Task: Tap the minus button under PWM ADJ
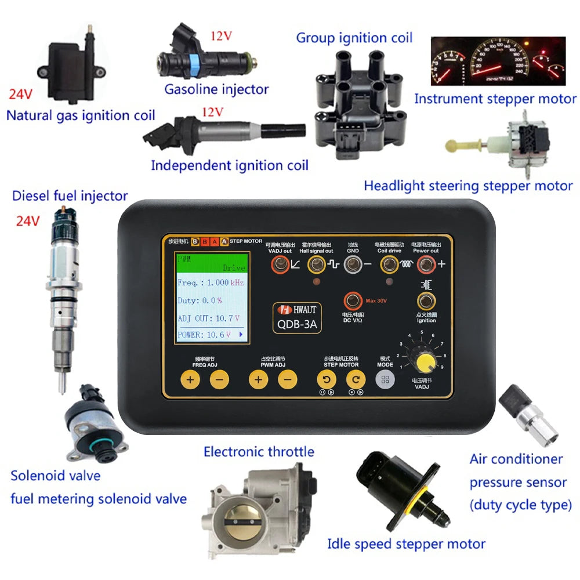(287, 380)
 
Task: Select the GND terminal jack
(353, 266)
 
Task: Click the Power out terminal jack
(426, 266)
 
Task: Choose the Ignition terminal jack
(426, 300)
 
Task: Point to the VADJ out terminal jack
(281, 266)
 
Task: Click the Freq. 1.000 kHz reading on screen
(211, 283)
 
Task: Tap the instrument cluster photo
(498, 61)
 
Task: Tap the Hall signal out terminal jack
(316, 266)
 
